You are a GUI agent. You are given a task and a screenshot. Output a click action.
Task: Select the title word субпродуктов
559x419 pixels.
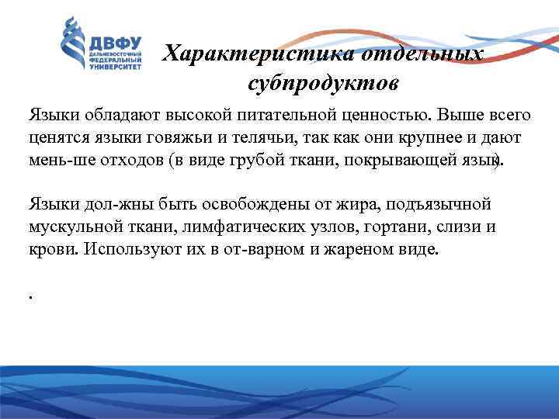[x=325, y=81]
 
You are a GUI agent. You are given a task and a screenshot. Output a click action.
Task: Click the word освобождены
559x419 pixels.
[x=252, y=205]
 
